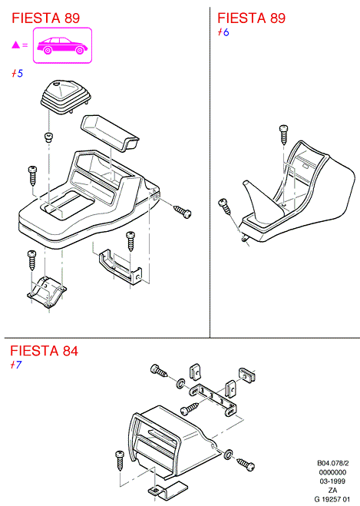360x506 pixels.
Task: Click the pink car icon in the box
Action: pyautogui.click(x=62, y=45)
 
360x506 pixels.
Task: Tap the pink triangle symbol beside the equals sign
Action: pyautogui.click(x=15, y=45)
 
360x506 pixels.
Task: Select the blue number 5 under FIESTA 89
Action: pyautogui.click(x=20, y=74)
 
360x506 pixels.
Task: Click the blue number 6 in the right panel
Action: pyautogui.click(x=226, y=32)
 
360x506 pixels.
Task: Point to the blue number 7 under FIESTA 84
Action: pyautogui.click(x=18, y=365)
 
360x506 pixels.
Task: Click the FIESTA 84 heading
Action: pyautogui.click(x=45, y=351)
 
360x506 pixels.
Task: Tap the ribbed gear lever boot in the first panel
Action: pyautogui.click(x=65, y=97)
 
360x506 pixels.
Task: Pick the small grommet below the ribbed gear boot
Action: pyautogui.click(x=48, y=137)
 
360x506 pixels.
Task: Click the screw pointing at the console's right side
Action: pyautogui.click(x=182, y=211)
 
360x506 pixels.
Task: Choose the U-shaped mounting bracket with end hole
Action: pyautogui.click(x=120, y=266)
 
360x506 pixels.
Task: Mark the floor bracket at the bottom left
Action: pyautogui.click(x=47, y=291)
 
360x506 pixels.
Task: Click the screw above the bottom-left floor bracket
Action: pyautogui.click(x=32, y=260)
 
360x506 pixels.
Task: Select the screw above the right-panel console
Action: pyautogui.click(x=284, y=134)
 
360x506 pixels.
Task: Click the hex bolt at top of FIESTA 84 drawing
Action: pyautogui.click(x=159, y=370)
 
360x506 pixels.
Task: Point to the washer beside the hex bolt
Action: pyautogui.click(x=180, y=383)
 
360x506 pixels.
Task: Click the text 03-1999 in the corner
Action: pyautogui.click(x=332, y=481)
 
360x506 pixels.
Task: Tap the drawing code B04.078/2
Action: pyautogui.click(x=333, y=464)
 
